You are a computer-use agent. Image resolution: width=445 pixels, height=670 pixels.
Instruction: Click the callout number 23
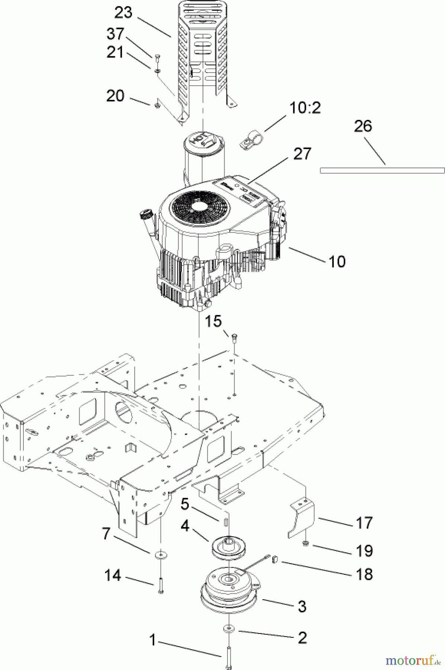coord(123,13)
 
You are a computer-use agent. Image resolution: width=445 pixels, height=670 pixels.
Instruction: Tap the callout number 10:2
coord(305,108)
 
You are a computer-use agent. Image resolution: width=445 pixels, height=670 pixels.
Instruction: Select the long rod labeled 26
coord(382,170)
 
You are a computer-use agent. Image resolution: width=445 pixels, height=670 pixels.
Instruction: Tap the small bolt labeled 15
coord(234,338)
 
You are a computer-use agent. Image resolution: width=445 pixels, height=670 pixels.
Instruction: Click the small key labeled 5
coord(226,521)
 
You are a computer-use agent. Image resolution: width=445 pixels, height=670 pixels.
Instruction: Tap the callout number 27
coord(301,154)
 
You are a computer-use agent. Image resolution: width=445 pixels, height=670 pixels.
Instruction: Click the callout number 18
coord(364,574)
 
